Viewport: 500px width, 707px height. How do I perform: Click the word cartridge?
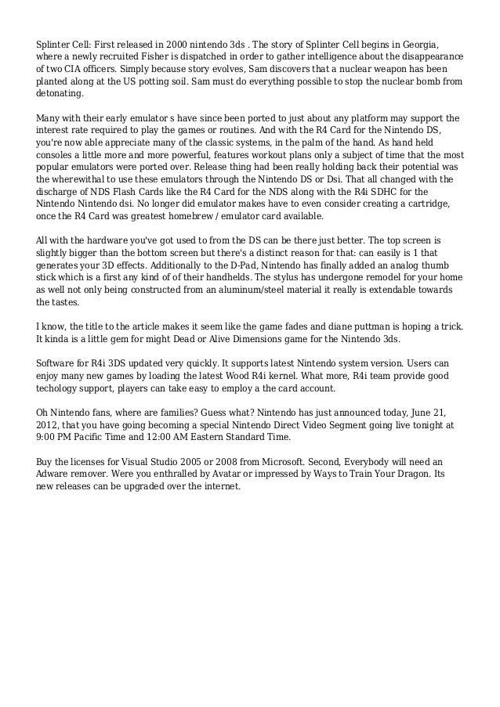436,205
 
